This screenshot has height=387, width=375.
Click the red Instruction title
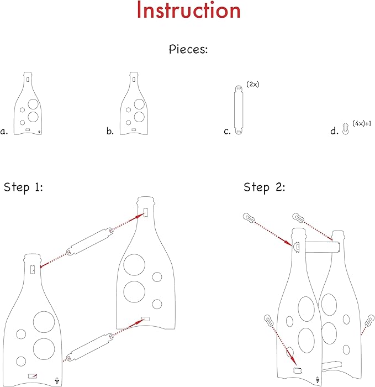click(188, 11)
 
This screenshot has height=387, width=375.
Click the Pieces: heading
click(188, 49)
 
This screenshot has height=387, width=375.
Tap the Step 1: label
click(24, 187)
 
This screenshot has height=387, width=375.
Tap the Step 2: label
click(264, 187)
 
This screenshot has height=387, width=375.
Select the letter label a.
click(4, 132)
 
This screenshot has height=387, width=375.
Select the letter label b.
click(110, 132)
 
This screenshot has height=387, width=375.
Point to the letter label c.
click(227, 132)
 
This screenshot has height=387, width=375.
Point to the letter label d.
click(334, 132)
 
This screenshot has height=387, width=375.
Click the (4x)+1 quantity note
click(361, 123)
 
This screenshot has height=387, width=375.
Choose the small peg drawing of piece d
click(344, 129)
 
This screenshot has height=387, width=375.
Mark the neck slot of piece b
click(134, 79)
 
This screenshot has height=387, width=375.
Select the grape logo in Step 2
click(317, 379)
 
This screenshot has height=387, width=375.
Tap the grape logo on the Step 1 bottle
click(57, 379)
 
